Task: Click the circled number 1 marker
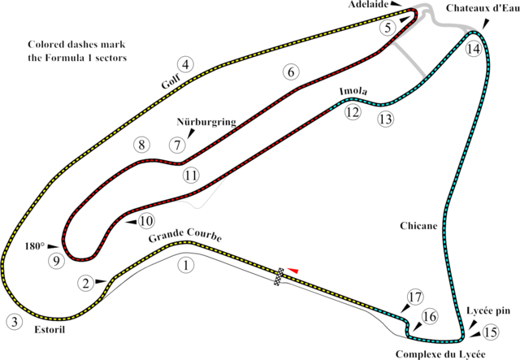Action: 187,264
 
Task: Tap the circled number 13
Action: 384,119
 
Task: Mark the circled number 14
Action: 474,49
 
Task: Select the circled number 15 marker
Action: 489,332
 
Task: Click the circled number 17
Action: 414,297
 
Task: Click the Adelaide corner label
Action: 387,5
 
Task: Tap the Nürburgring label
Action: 206,124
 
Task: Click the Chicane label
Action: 419,225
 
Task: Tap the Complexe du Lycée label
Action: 440,353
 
